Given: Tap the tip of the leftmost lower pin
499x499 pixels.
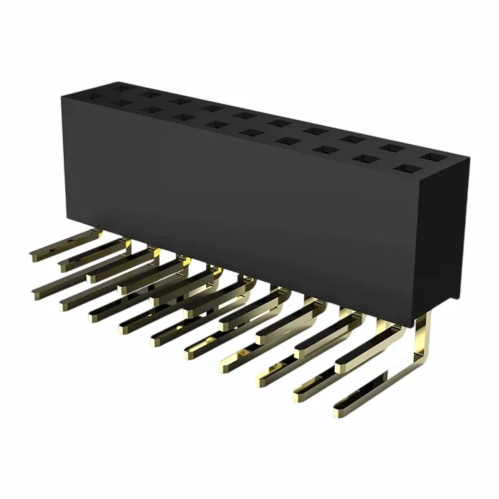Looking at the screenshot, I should [35, 293].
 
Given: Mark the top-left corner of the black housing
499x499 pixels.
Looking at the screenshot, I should [62, 97].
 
